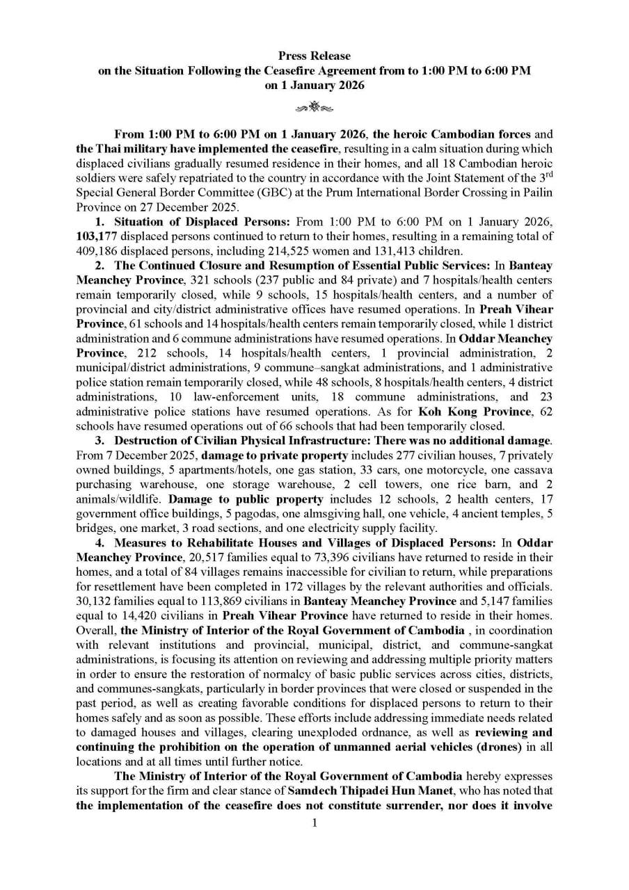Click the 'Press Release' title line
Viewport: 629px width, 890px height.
click(314, 56)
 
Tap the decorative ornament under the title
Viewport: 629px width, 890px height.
click(314, 107)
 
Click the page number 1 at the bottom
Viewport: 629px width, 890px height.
click(314, 823)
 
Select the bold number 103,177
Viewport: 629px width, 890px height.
click(97, 236)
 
